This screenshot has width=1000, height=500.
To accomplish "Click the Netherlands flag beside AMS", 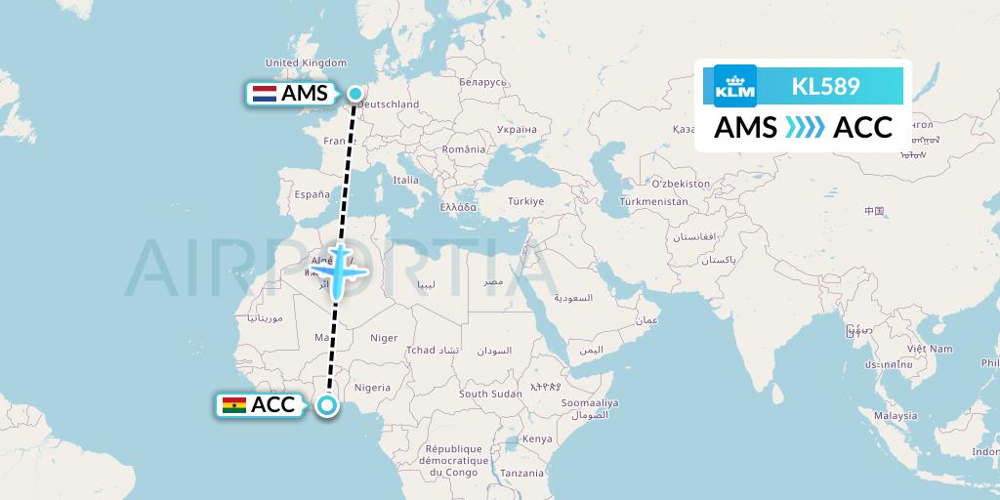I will tap(264, 94).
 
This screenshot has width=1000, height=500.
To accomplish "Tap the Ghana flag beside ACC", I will tap(234, 405).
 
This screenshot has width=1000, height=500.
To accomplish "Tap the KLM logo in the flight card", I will tap(735, 85).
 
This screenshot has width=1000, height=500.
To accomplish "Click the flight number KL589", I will tap(825, 86).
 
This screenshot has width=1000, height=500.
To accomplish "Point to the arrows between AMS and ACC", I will tap(805, 128).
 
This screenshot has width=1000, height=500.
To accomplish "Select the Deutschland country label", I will tap(388, 104).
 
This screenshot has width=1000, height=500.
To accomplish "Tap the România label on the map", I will tap(462, 149).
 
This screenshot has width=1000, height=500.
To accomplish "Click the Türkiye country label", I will tap(525, 201).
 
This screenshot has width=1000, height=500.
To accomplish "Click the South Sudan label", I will tap(490, 394).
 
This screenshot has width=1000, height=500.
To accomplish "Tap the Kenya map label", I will tap(538, 438).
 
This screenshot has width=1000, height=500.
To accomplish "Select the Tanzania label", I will tap(523, 473).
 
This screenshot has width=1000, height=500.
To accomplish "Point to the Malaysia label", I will tap(895, 415).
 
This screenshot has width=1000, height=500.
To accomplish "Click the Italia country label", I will tap(405, 180).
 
